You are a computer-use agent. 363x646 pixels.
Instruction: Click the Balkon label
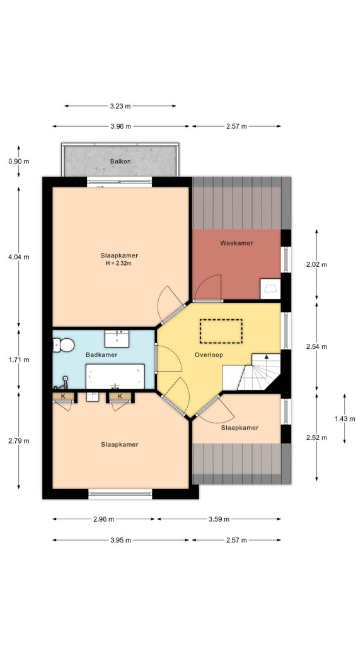pos(120,161)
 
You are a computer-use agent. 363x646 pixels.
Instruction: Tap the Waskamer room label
pos(236,243)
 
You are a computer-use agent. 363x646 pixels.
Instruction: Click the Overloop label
pos(209,355)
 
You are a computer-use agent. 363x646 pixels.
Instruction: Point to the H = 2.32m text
pos(119,263)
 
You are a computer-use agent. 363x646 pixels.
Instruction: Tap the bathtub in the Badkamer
pos(115,377)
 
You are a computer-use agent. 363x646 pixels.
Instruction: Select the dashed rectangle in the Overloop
pos(221,331)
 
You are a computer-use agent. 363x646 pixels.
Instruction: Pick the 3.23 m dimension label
pos(120,106)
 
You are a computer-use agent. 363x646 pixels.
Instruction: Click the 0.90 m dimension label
pos(19,161)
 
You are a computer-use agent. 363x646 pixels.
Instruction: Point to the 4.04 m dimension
pos(19,257)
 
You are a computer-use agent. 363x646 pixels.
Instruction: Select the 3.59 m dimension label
pos(218,519)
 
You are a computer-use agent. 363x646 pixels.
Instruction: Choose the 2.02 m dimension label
pos(316,264)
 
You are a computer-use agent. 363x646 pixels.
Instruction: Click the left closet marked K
pos(63,396)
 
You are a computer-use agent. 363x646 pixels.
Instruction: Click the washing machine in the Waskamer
pos(270,288)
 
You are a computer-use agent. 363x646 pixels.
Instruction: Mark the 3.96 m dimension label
pos(120,126)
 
